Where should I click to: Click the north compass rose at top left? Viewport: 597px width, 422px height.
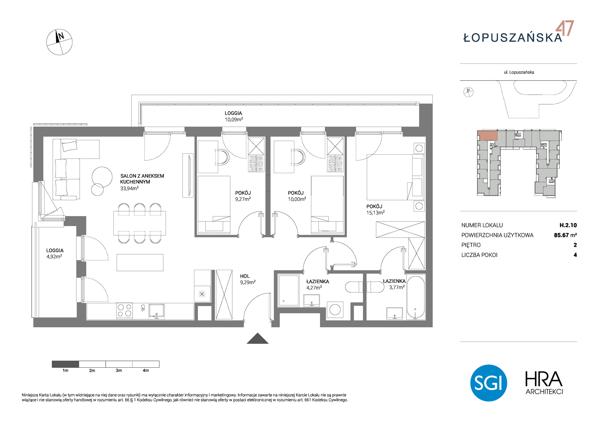(x=59, y=42)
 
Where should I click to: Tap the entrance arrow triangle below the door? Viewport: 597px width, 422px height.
(x=258, y=338)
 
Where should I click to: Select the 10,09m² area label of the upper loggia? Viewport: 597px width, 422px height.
(x=234, y=119)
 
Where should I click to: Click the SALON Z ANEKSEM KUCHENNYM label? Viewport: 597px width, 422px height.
(x=142, y=179)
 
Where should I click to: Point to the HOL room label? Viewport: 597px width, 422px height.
(x=245, y=276)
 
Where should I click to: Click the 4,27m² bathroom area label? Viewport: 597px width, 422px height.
(x=314, y=288)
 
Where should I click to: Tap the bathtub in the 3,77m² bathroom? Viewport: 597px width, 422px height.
(x=416, y=298)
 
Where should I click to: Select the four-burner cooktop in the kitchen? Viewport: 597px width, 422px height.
(x=124, y=310)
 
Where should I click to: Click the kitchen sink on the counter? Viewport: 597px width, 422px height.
(x=157, y=311)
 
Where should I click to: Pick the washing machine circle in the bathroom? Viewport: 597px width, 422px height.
(x=335, y=310)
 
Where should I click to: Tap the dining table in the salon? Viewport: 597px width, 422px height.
(x=139, y=223)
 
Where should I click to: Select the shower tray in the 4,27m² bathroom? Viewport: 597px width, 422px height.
(x=289, y=290)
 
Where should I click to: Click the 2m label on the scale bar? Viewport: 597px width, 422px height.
(x=92, y=371)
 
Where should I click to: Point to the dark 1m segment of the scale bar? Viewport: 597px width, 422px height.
(x=65, y=364)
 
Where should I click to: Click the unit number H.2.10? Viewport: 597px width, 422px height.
(x=568, y=225)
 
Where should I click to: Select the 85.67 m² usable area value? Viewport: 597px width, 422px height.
(x=565, y=235)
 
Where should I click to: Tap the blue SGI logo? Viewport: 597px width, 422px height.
(x=489, y=383)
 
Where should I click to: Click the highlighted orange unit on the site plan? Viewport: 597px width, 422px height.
(x=487, y=135)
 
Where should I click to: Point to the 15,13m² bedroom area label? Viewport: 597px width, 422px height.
(x=376, y=213)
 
